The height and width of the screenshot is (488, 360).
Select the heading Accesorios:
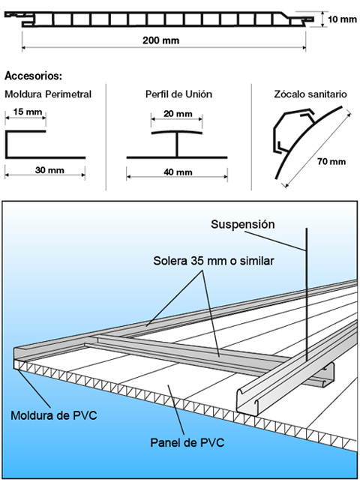coord(33,76)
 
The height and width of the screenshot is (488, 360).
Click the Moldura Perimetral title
coord(48,94)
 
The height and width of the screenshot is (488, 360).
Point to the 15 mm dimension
coord(23,113)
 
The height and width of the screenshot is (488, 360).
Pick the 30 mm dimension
coord(48,170)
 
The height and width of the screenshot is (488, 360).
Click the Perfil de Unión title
coord(178,94)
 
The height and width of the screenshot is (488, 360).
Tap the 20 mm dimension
coord(178,114)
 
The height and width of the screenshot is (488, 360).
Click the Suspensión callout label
coord(243,224)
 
